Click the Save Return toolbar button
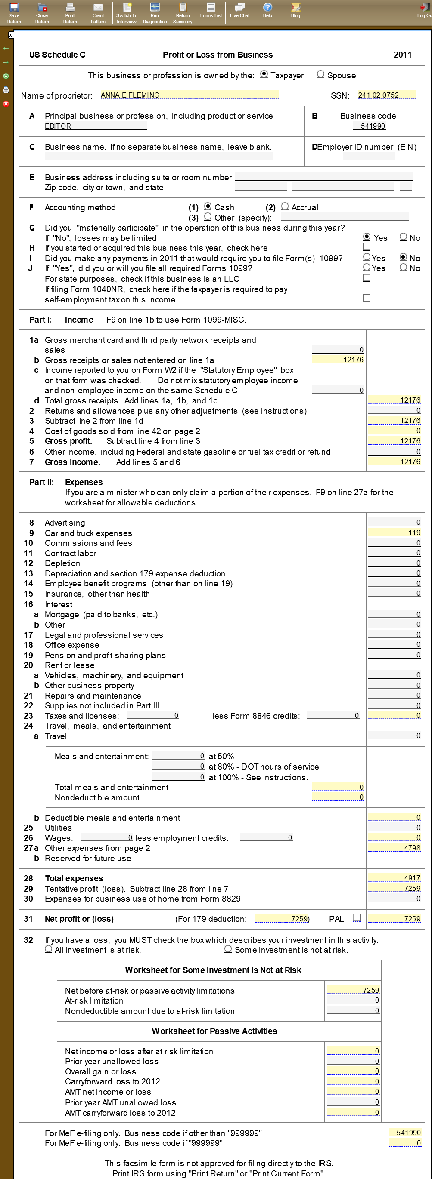click(14, 12)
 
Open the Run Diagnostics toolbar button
click(155, 12)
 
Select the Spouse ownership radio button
click(321, 74)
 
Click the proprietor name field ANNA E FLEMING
click(189, 95)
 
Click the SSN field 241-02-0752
click(387, 95)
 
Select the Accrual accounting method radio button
click(285, 207)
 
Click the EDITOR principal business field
click(95, 126)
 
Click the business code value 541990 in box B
click(373, 126)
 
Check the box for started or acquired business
click(367, 247)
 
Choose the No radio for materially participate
click(404, 237)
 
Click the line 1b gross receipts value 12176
click(338, 360)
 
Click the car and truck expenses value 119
click(395, 533)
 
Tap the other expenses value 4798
click(395, 848)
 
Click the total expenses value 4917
click(395, 878)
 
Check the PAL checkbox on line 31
click(357, 918)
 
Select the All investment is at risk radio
click(49, 950)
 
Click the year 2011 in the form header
click(402, 55)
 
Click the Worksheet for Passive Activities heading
click(214, 1031)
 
